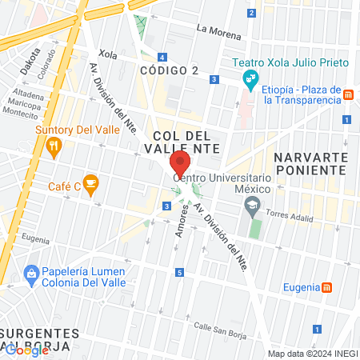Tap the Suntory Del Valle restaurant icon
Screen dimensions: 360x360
[54, 146]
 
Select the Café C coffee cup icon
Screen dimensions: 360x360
[91, 185]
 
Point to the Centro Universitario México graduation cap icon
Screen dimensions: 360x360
[253, 206]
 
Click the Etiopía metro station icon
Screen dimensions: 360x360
[348, 95]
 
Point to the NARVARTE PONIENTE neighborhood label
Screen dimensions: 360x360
[310, 163]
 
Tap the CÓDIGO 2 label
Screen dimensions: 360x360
[170, 71]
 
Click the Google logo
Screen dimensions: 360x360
[26, 350]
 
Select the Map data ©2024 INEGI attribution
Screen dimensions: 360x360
[312, 354]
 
